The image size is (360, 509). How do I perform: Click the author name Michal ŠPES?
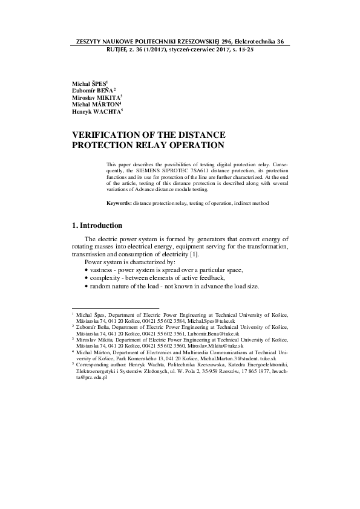(88, 82)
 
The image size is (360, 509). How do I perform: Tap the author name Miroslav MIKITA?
(96, 97)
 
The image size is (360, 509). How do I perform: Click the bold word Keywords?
(119, 203)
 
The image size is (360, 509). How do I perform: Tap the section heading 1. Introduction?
(97, 225)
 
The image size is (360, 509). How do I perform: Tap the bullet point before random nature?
(87, 286)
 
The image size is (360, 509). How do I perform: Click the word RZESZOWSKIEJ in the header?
(196, 42)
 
